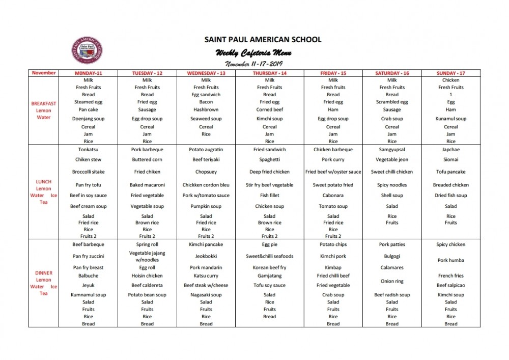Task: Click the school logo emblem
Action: click(87, 51)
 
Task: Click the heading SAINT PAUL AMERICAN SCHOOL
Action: click(263, 39)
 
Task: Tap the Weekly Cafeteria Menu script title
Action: click(253, 53)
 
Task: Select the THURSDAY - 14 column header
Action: click(270, 73)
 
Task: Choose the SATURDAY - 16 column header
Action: click(392, 73)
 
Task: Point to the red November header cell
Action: click(44, 73)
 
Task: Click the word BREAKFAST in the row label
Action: click(44, 103)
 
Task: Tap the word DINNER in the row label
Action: click(44, 273)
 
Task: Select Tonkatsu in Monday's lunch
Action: click(88, 150)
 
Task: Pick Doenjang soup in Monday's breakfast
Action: click(88, 119)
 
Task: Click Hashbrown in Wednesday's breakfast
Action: click(206, 109)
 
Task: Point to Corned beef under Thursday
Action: click(270, 109)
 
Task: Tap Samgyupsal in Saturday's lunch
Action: click(392, 150)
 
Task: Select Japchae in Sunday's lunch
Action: click(450, 150)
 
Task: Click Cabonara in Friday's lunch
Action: click(333, 195)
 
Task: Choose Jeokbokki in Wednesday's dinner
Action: click(206, 256)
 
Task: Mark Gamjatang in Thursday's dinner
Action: click(270, 276)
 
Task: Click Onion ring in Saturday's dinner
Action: click(392, 281)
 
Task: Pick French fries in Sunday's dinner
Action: click(450, 276)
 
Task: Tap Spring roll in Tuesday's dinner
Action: click(147, 244)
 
